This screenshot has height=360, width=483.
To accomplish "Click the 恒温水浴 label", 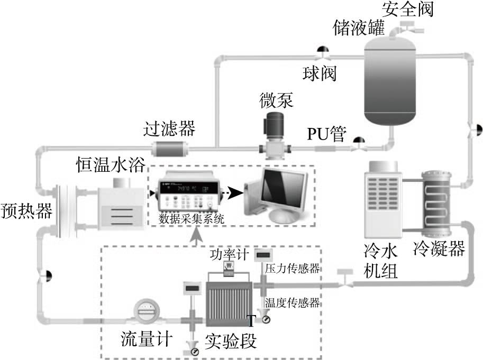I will (109, 166).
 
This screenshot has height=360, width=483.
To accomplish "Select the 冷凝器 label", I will (440, 247).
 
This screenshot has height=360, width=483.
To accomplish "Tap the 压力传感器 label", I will (292, 270).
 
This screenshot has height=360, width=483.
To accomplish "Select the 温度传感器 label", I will (293, 303).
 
